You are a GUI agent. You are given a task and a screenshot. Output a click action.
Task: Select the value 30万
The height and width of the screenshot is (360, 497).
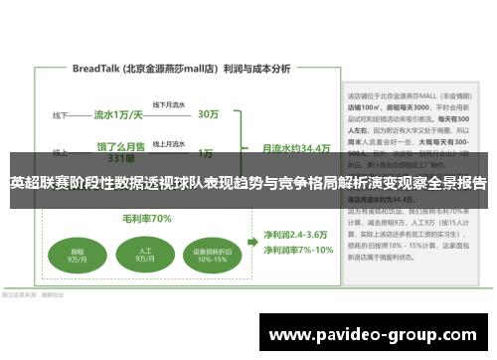click(209, 114)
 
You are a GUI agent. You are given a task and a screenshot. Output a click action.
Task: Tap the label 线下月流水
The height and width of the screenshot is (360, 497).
click(166, 103)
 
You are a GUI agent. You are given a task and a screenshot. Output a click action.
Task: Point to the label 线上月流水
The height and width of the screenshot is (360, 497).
click(166, 142)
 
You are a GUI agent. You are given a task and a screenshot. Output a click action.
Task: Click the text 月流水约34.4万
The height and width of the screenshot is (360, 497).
click(295, 147)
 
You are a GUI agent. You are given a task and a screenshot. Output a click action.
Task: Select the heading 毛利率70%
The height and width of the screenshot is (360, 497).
click(146, 219)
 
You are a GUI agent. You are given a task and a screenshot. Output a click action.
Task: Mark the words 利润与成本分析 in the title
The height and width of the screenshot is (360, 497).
click(257, 70)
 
